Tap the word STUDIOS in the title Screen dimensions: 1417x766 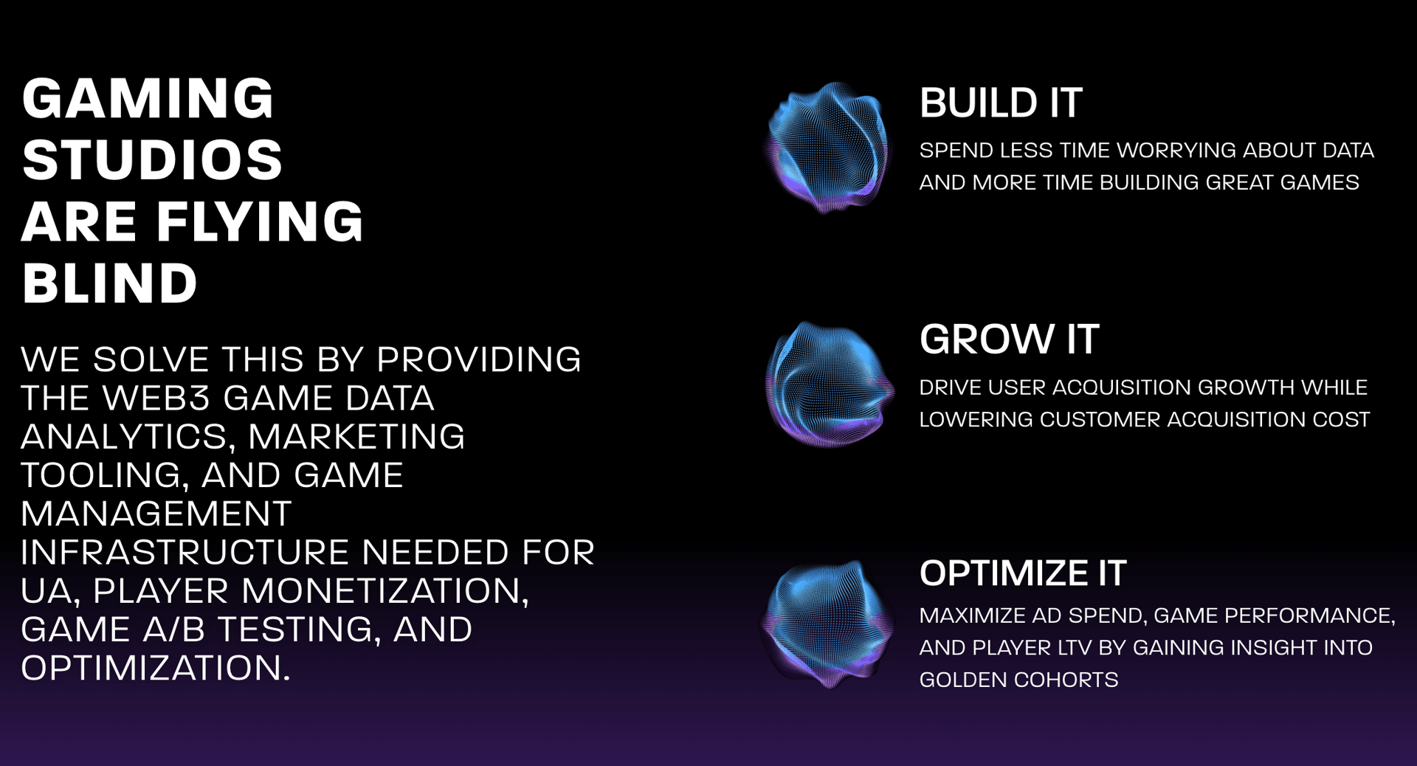coord(152,159)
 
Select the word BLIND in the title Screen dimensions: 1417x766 coord(109,283)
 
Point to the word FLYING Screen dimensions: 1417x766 coord(260,221)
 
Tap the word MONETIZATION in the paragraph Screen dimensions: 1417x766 coord(385,592)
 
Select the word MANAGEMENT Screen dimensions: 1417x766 coord(156,514)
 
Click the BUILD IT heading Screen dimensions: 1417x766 coord(1001,103)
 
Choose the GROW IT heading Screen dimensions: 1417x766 coord(1009,339)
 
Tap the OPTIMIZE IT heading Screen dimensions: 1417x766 coord(1023,573)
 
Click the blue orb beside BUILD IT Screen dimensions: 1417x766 coord(828,148)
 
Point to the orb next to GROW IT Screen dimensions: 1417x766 coord(828,384)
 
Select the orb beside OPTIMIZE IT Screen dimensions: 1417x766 coord(827,624)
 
